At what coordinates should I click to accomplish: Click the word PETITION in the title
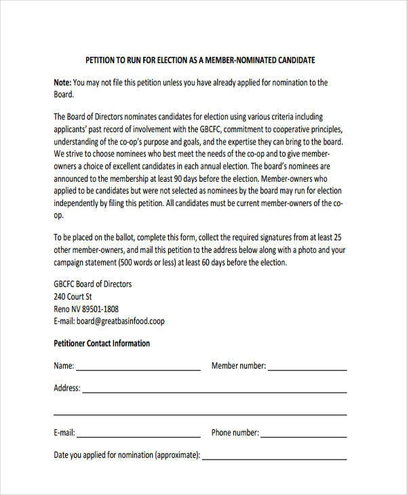coord(101,60)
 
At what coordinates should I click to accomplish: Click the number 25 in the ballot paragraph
coord(338,237)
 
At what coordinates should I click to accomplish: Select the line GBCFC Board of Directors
coord(93,284)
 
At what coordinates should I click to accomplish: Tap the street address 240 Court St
coord(73,296)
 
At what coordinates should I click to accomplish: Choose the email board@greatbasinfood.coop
coord(121,321)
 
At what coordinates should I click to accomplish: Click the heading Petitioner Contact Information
coord(102,343)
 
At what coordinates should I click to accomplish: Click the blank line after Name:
coord(138,370)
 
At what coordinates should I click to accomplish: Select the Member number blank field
coord(308,370)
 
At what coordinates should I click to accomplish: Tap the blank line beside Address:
coord(214,392)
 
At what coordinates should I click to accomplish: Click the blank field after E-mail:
coord(138,436)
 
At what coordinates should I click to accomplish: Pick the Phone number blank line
coord(305,436)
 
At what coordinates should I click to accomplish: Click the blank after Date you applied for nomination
coord(275,458)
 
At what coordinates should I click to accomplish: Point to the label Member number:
coord(238,366)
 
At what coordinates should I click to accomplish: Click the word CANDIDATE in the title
coord(292,60)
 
